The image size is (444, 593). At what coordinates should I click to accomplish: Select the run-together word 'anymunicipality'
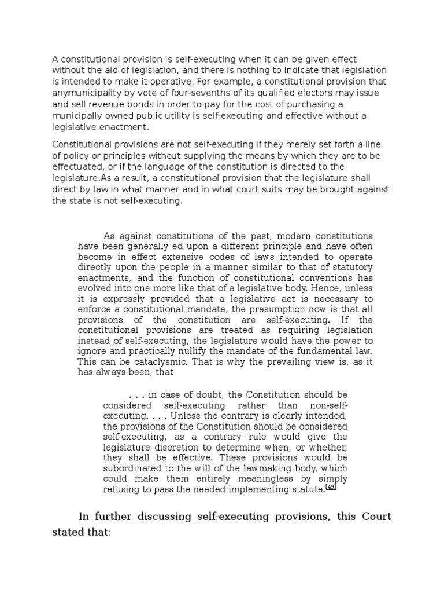86,93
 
